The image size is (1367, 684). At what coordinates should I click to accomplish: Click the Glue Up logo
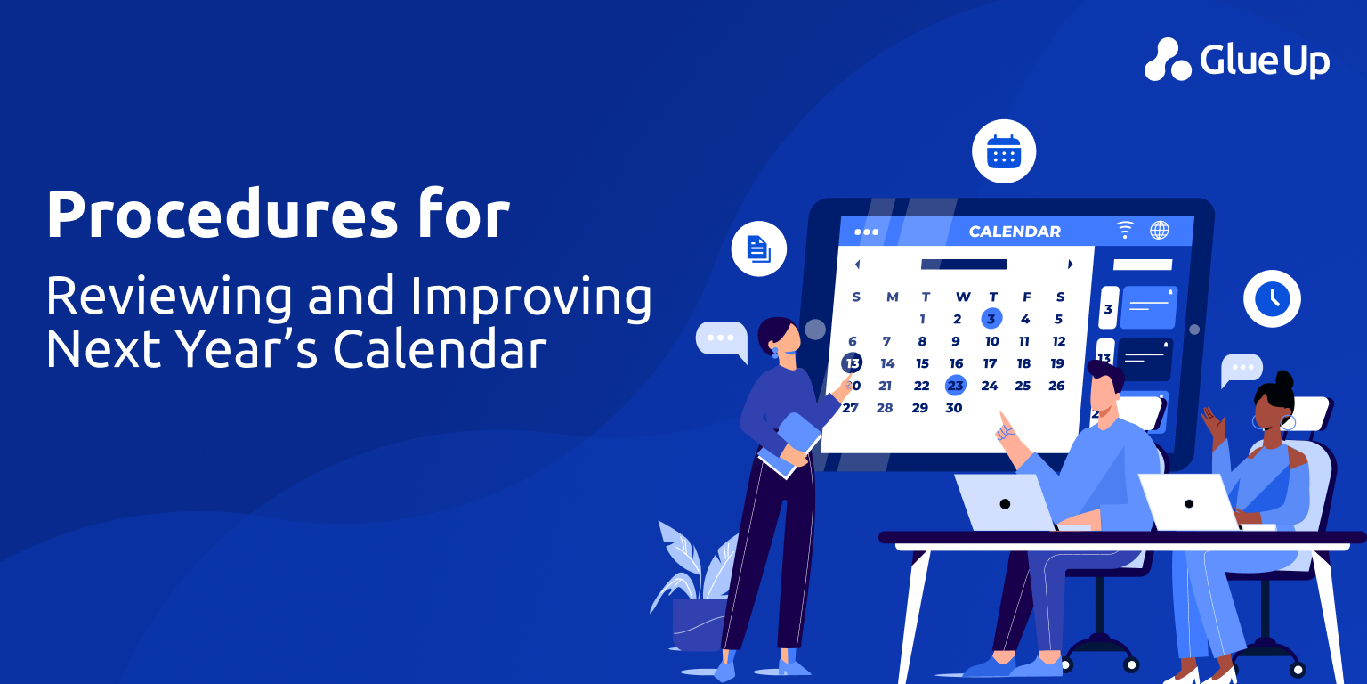pos(1237,60)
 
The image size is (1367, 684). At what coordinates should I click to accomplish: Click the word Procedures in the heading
pos(222,214)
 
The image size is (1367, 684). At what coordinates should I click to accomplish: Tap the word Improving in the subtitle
pos(531,297)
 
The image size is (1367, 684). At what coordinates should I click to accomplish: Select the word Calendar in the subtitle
pos(440,349)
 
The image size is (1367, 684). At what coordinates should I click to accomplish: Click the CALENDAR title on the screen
pos(1015,232)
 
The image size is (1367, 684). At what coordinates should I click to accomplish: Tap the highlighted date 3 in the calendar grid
pos(991,318)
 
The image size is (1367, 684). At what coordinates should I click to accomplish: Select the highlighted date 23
pos(955,386)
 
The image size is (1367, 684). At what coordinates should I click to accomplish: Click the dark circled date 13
pos(852,363)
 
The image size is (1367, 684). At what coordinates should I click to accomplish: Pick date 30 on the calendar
pos(954,408)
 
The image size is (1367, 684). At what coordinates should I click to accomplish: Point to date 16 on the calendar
pos(957,363)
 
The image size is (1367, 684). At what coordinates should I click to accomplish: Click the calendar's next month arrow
pos(1070,265)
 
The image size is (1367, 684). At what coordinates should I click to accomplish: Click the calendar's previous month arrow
pos(857,265)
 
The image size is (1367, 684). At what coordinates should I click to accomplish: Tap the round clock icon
pos(1272,298)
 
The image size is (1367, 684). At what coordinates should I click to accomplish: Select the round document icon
pos(758,248)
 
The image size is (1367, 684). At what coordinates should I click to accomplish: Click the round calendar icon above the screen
pos(1004,151)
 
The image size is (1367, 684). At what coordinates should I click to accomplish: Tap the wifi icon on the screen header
pos(1125,231)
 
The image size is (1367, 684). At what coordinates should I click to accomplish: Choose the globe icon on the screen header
pos(1160,231)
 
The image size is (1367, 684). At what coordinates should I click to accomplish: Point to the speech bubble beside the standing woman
pos(723,340)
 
